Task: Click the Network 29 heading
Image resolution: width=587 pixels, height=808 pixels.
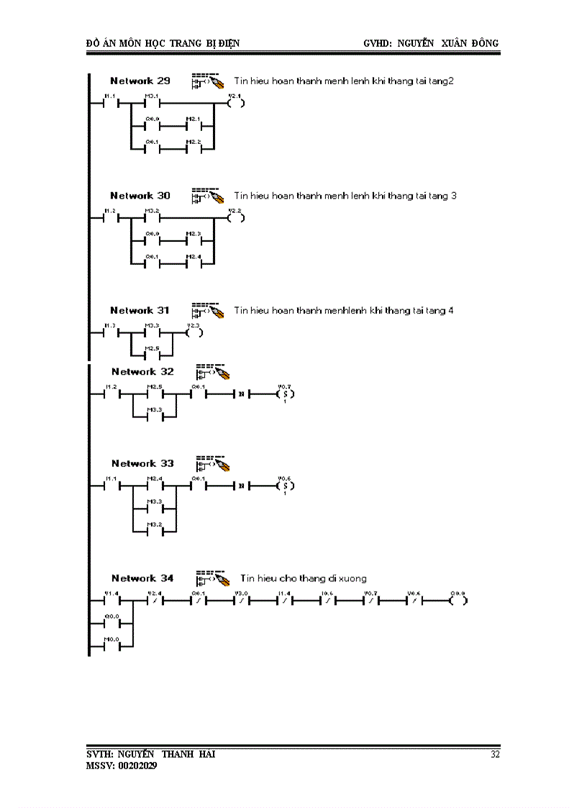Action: point(140,81)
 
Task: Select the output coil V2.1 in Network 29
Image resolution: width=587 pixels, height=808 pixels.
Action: point(235,103)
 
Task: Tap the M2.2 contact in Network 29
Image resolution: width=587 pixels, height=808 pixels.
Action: point(194,150)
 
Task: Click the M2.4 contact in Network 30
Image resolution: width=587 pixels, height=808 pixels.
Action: point(194,264)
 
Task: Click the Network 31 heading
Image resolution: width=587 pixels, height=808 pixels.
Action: point(140,310)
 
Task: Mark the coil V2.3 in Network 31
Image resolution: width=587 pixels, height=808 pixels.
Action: point(194,333)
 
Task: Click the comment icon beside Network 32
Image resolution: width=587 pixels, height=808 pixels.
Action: point(212,371)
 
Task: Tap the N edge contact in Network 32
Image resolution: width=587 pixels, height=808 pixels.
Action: point(242,394)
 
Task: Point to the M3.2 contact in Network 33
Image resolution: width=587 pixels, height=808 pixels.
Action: point(154,532)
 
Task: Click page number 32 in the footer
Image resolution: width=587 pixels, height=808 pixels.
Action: point(495,755)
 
